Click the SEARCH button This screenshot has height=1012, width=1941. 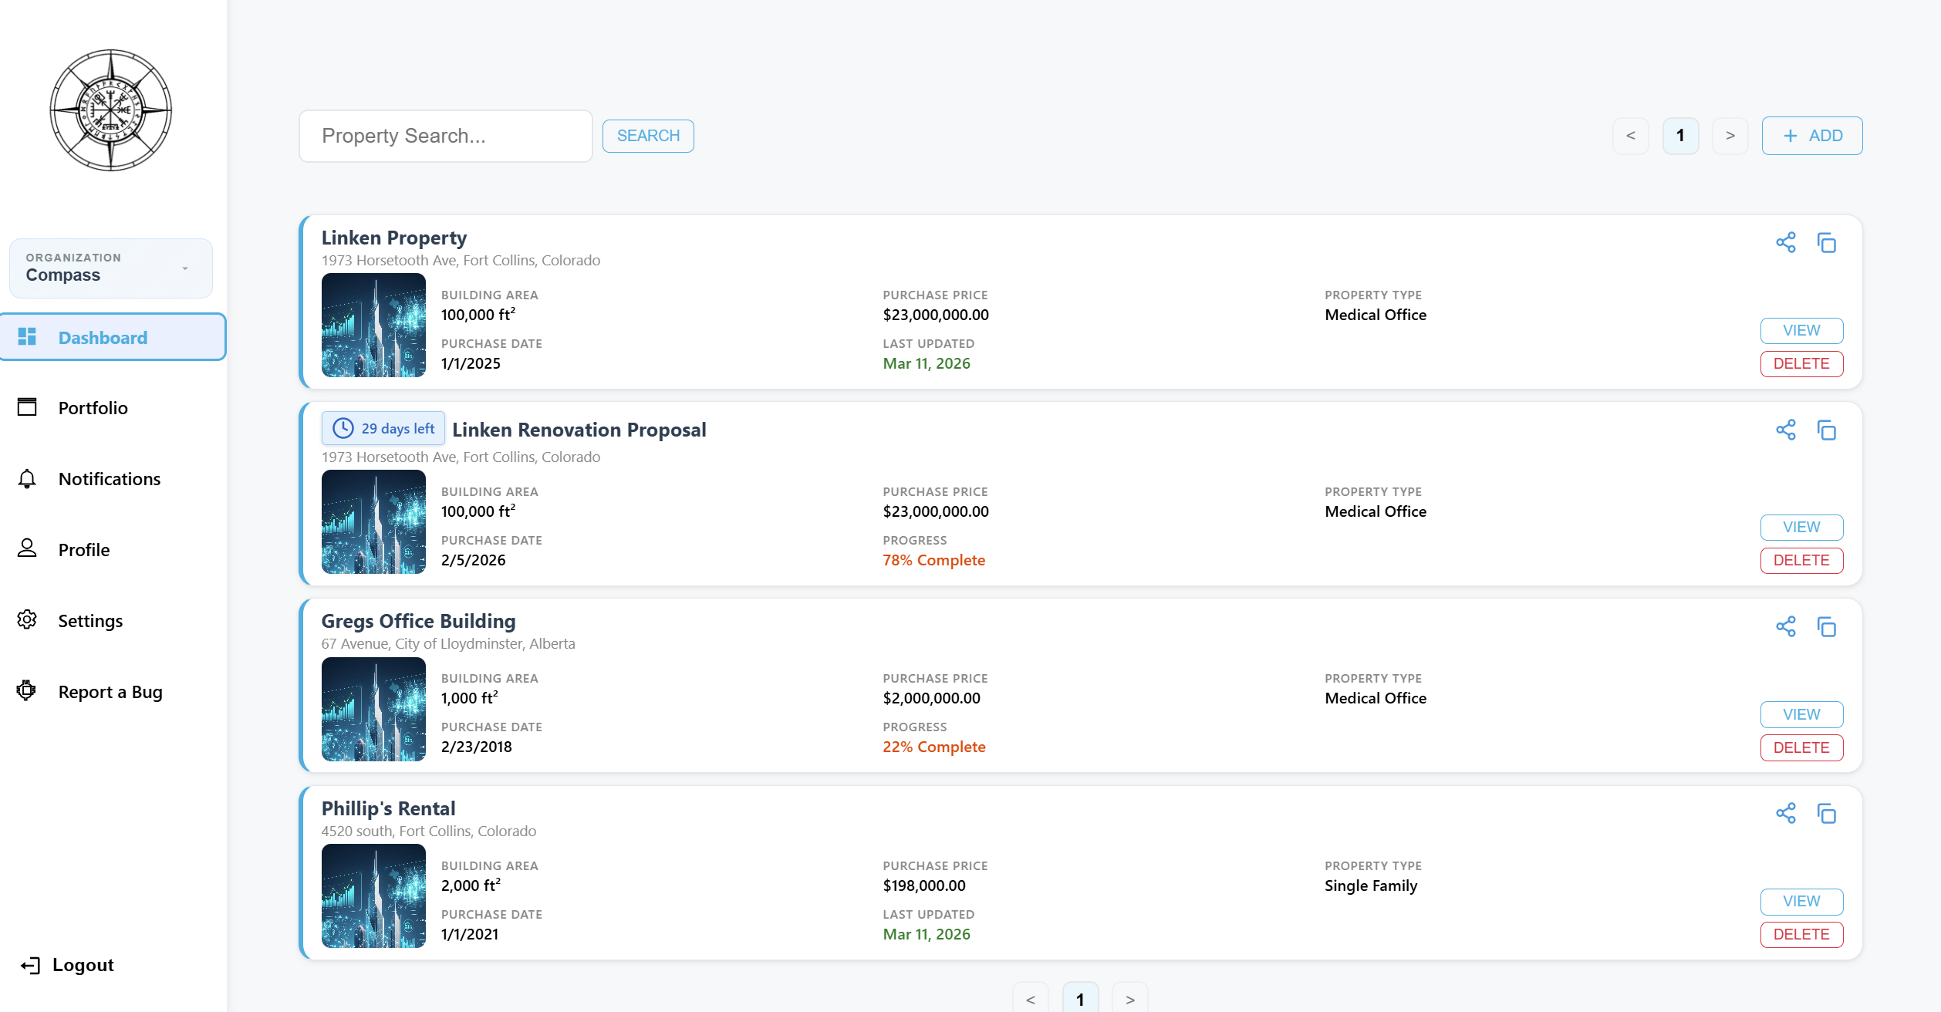(x=647, y=136)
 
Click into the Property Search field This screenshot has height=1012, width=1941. (x=445, y=136)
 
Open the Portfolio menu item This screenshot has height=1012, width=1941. (x=93, y=408)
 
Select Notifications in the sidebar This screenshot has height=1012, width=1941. (x=109, y=479)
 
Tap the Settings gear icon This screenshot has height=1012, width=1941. (x=27, y=619)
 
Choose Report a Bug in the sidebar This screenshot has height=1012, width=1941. (x=110, y=692)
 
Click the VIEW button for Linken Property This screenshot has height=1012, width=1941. (x=1801, y=330)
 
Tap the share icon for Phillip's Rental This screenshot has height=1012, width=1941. (x=1785, y=813)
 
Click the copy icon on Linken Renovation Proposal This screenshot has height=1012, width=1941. (x=1826, y=430)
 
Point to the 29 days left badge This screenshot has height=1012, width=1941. (x=383, y=429)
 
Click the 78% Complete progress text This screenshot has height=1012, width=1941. (x=933, y=560)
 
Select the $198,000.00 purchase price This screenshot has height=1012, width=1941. (x=923, y=885)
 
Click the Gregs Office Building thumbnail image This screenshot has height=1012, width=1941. (x=373, y=709)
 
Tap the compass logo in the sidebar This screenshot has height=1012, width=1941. (x=111, y=110)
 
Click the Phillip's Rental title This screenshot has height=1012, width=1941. (x=388, y=808)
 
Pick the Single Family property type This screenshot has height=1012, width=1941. (x=1370, y=885)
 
